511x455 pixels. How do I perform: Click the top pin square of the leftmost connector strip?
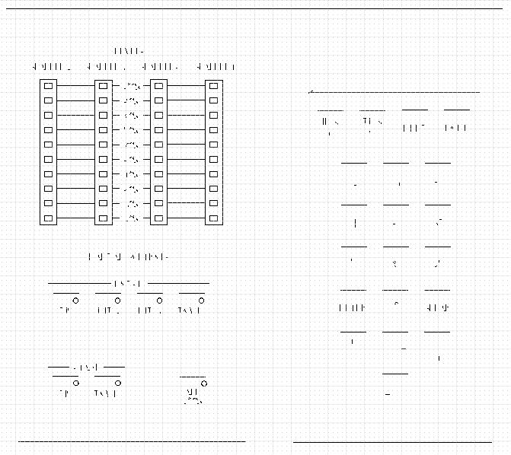click(48, 85)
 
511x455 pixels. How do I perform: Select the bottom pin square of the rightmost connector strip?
click(213, 218)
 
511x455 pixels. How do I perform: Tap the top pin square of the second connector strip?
click(103, 85)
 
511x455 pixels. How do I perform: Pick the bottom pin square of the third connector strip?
click(158, 218)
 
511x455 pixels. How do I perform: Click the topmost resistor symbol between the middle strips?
click(131, 85)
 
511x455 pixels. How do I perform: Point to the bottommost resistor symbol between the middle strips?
click(131, 218)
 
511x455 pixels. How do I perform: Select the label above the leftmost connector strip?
click(48, 67)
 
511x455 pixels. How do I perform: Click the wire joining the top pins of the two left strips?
click(75, 85)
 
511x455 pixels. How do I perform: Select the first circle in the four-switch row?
click(76, 300)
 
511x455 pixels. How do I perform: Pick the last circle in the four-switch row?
click(203, 300)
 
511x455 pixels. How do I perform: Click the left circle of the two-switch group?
click(76, 383)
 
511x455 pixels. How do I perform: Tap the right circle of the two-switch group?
click(119, 383)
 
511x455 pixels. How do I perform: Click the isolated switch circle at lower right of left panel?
click(203, 383)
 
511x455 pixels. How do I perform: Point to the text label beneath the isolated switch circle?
click(193, 396)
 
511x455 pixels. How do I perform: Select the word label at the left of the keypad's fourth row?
click(353, 308)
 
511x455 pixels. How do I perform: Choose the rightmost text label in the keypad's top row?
click(455, 128)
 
